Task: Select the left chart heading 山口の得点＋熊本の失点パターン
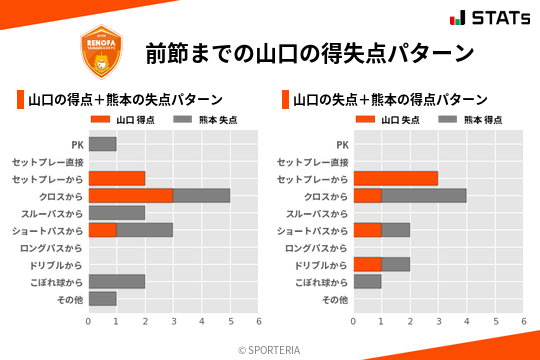[x=125, y=100]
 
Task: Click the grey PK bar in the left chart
[x=102, y=144]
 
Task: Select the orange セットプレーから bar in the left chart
[x=116, y=178]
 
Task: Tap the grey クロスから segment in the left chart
[x=201, y=195]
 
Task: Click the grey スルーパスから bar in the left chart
[x=116, y=213]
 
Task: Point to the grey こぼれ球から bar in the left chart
[x=116, y=281]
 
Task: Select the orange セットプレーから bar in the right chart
[x=395, y=178]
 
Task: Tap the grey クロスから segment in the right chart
[x=423, y=195]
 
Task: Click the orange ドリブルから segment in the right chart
[x=367, y=264]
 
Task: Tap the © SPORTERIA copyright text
[x=269, y=349]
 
